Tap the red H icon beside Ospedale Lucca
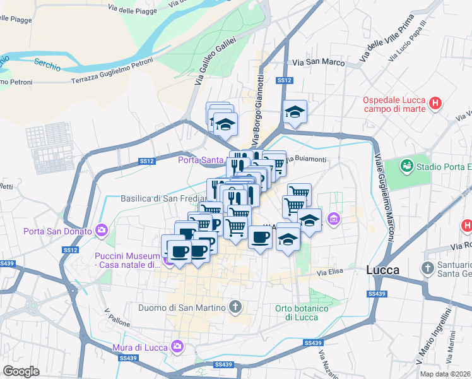[435, 103]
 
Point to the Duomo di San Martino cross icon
[235, 308]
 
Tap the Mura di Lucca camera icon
[177, 346]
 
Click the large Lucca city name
[382, 270]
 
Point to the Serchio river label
[47, 64]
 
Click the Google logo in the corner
[21, 371]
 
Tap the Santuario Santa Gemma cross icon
[427, 267]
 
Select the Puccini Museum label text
[128, 260]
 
